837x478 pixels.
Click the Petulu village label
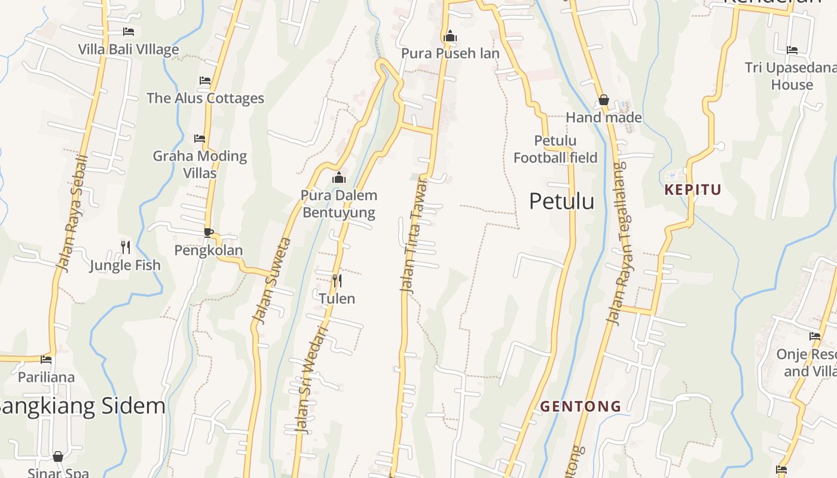pyautogui.click(x=561, y=201)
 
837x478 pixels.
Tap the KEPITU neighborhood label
pyautogui.click(x=693, y=190)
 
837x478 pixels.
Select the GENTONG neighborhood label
pyautogui.click(x=581, y=406)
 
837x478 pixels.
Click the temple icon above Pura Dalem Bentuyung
pyautogui.click(x=339, y=177)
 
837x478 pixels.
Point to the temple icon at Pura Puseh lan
pyautogui.click(x=450, y=36)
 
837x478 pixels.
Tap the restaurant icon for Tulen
pyautogui.click(x=337, y=280)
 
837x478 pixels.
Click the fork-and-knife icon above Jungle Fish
pyautogui.click(x=126, y=247)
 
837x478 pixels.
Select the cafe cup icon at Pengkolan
pyautogui.click(x=208, y=232)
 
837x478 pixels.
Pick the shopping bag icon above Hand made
pyautogui.click(x=604, y=100)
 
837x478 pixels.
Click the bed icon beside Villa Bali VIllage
pyautogui.click(x=129, y=31)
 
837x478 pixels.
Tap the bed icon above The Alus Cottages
pyautogui.click(x=205, y=80)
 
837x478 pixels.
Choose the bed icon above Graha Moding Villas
pyautogui.click(x=200, y=138)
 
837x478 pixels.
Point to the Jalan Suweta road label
pyautogui.click(x=272, y=281)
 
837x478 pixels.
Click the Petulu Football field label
pyautogui.click(x=555, y=149)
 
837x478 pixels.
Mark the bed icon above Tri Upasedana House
pyautogui.click(x=792, y=50)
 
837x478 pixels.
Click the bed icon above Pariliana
pyautogui.click(x=46, y=359)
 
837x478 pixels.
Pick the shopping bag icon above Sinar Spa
pyautogui.click(x=58, y=456)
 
